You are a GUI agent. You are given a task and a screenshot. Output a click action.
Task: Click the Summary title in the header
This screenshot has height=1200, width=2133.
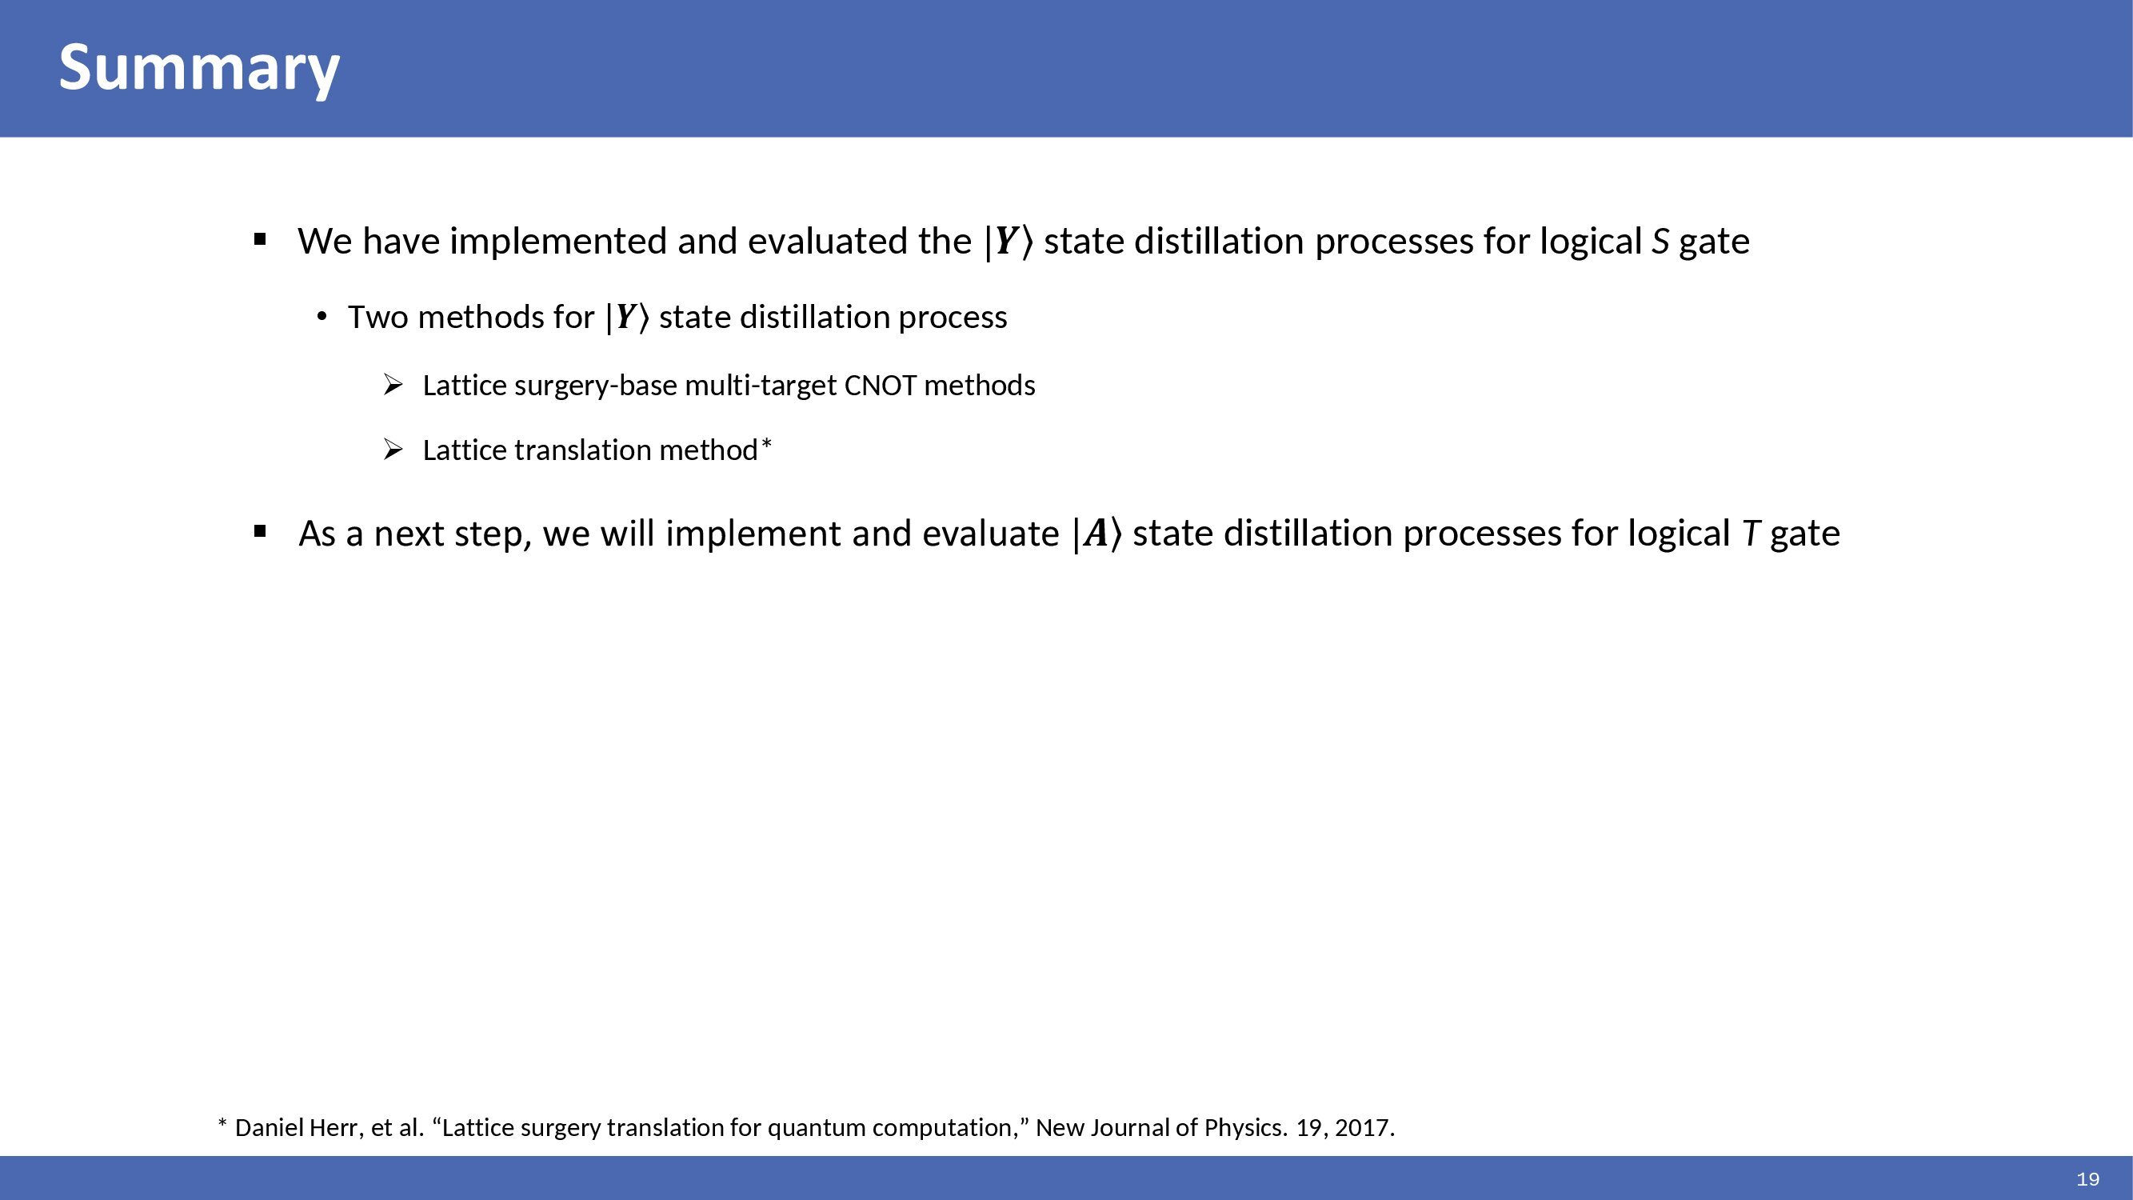198,69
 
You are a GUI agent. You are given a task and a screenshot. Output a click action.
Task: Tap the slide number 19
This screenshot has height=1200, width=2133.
2088,1179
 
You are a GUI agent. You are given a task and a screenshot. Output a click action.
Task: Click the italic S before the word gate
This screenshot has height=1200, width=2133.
1660,242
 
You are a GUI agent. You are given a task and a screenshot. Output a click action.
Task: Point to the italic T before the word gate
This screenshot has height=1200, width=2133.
1750,534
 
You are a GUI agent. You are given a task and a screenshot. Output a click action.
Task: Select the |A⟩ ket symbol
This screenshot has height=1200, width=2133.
1097,534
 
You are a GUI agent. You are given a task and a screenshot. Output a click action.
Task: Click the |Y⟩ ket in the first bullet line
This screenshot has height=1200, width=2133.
1009,242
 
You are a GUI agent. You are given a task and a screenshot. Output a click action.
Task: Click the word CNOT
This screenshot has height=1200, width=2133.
881,386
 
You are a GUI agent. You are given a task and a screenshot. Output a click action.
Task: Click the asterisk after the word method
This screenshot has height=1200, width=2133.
767,445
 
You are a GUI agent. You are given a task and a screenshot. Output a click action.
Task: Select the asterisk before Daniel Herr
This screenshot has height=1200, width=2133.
222,1123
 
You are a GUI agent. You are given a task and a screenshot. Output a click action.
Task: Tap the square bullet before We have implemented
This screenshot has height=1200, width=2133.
260,240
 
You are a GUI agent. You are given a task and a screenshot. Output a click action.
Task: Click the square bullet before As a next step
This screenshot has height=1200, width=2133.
260,532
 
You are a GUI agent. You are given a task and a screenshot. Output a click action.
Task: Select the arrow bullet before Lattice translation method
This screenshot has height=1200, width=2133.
393,450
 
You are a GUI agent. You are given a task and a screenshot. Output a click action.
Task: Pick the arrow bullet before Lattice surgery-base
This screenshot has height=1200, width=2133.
393,385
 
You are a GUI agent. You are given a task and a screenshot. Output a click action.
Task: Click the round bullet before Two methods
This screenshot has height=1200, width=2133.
323,316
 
